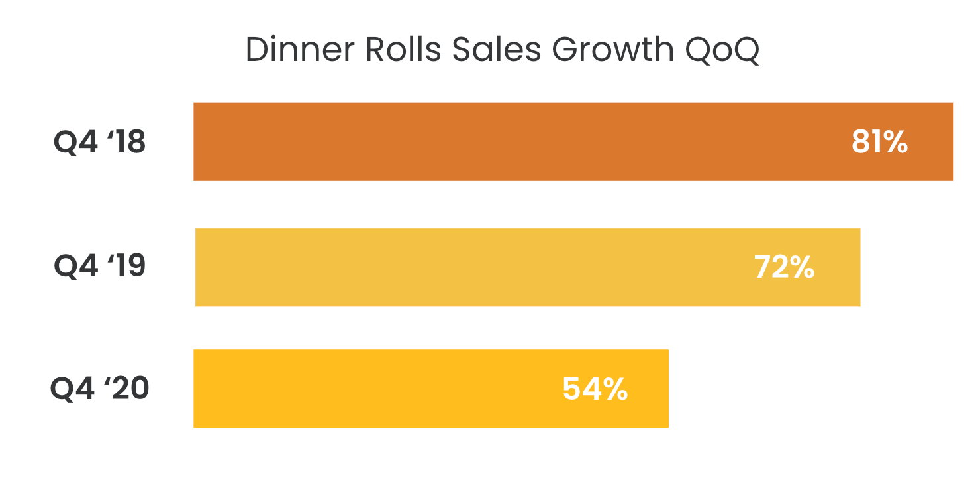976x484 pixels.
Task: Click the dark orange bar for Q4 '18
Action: click(503, 141)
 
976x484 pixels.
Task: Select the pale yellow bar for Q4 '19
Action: click(464, 267)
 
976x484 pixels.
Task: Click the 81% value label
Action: click(879, 142)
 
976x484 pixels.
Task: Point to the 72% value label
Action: click(784, 267)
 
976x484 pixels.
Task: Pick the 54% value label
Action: click(595, 389)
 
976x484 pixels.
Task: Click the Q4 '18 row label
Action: click(99, 142)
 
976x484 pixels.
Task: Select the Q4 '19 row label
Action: click(99, 267)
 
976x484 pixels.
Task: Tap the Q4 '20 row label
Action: click(99, 389)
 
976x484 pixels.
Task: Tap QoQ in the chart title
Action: click(722, 50)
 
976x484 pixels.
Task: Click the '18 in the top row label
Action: click(124, 142)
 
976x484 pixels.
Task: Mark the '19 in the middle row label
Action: click(124, 267)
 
